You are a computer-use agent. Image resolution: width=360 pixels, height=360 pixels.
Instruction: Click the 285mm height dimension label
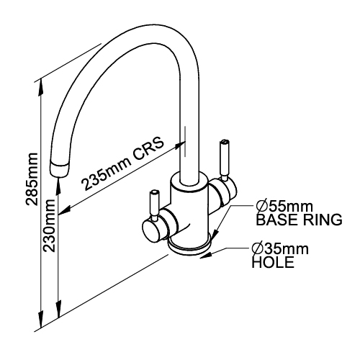[32, 179]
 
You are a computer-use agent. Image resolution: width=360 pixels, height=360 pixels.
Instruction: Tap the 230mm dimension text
[49, 225]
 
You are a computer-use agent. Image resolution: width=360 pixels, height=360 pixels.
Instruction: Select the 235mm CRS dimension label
[123, 164]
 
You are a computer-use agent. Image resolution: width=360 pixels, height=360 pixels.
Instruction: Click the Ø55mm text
[284, 206]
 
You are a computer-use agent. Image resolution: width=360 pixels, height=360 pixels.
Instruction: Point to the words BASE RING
[299, 220]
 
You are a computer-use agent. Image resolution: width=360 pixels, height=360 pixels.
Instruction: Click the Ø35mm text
[280, 249]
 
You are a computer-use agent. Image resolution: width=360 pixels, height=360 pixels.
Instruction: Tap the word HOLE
[273, 262]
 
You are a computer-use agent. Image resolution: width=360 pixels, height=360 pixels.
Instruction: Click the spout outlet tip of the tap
[59, 170]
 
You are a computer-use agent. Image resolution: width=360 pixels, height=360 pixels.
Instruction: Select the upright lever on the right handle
[225, 161]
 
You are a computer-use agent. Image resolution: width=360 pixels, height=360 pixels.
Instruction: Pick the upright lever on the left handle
[154, 206]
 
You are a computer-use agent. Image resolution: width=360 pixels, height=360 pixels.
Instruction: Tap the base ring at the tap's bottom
[189, 251]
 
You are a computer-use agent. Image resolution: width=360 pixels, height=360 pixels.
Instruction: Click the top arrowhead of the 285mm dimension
[41, 86]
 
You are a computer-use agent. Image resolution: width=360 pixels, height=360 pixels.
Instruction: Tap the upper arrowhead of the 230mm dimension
[58, 186]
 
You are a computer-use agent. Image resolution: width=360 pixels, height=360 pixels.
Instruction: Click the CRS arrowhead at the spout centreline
[179, 146]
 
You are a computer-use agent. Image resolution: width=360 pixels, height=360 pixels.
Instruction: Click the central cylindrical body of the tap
[189, 211]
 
